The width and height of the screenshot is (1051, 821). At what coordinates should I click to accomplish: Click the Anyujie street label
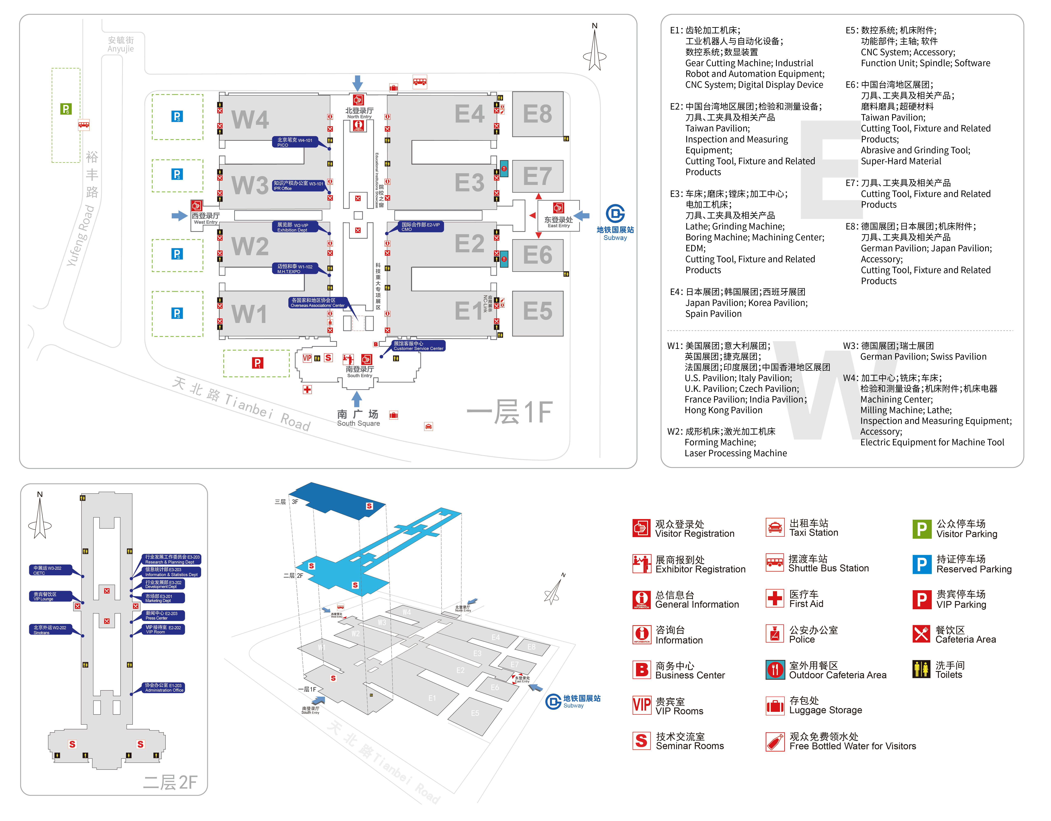coord(121,44)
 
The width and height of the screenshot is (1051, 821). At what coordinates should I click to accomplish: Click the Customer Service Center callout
coord(418,346)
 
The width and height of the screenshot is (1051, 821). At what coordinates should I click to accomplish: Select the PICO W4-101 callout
coord(295,142)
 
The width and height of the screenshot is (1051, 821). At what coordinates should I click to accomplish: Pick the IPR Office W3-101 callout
coord(298,185)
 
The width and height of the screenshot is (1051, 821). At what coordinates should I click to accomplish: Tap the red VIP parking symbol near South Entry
coord(258,363)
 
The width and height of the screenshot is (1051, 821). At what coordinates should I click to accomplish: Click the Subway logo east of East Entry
coord(615,214)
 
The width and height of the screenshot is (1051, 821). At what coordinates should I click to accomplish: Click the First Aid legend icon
coord(775,599)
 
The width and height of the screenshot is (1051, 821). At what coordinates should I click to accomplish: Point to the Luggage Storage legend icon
coord(775,706)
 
